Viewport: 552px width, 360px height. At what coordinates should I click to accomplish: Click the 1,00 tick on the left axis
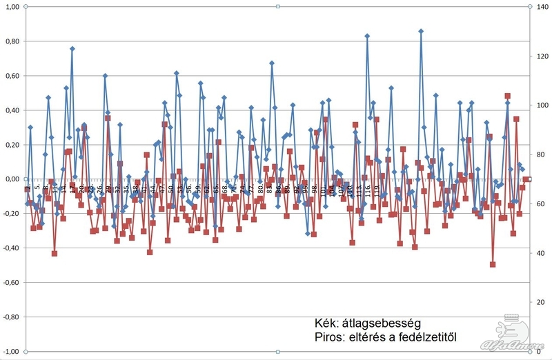coord(12,7)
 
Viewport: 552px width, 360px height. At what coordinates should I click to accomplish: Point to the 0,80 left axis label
coord(12,41)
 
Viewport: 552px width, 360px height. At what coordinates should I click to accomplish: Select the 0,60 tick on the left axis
coord(12,76)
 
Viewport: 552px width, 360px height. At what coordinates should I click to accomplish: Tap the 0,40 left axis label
coord(12,110)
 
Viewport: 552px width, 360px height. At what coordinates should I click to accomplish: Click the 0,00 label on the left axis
coord(12,179)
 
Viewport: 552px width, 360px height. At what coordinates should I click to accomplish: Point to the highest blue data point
coord(420,31)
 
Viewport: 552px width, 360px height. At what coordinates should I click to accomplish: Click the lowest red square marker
coord(493,264)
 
